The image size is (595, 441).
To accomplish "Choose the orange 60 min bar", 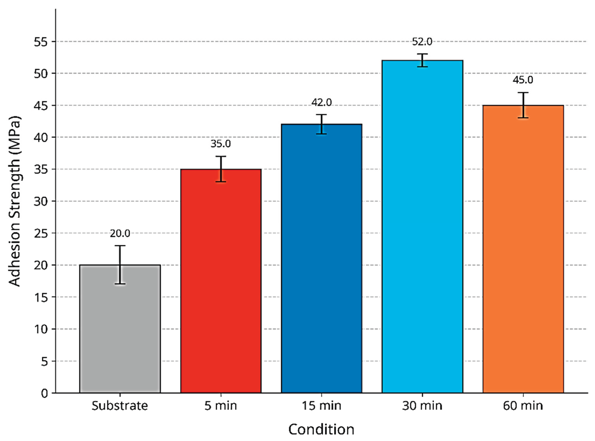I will point(523,254).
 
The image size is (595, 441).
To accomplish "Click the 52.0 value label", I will point(422,42).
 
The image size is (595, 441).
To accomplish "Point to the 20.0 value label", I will point(120,234).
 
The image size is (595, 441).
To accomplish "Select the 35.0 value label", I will point(220,144).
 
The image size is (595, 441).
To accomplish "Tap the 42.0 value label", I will point(321,102).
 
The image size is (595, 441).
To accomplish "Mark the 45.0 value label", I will point(523,80).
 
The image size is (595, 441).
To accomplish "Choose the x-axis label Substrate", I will point(120,406).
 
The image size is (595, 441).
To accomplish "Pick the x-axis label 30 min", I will point(422,406).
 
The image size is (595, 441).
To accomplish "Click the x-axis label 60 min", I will point(523,406).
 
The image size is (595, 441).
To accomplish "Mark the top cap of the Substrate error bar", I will point(120,246).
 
